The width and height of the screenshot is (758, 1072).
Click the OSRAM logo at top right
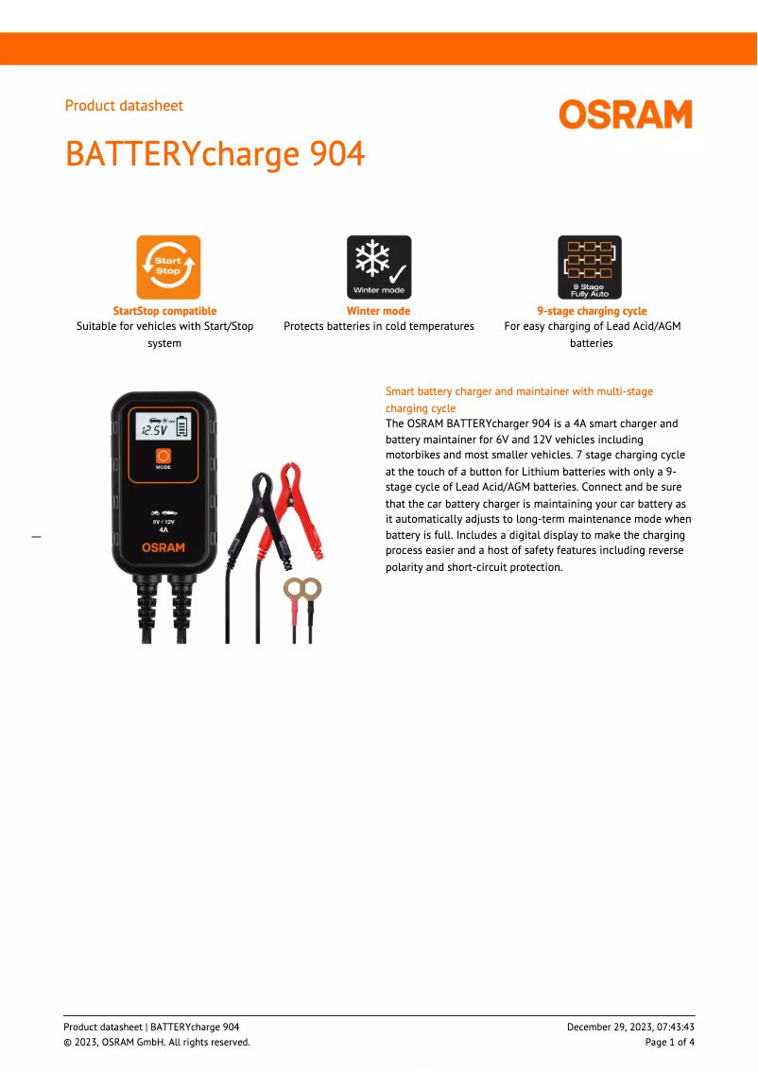[625, 114]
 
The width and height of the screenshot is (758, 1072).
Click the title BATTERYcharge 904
[215, 153]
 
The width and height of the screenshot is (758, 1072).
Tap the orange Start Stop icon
[168, 267]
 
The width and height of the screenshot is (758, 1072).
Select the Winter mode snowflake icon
[378, 267]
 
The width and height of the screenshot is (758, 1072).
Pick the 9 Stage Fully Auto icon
[590, 267]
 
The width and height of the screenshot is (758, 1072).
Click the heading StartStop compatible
[164, 311]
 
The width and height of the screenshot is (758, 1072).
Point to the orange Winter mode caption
[378, 311]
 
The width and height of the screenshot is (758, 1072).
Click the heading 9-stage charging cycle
[592, 311]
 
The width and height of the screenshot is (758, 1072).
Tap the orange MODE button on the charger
[164, 456]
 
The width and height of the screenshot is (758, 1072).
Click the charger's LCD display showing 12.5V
[163, 427]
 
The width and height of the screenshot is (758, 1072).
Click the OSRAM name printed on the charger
[164, 547]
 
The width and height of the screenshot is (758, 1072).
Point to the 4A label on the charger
[164, 530]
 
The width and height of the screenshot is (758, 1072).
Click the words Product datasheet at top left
[124, 106]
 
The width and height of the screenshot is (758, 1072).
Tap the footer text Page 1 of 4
[669, 1042]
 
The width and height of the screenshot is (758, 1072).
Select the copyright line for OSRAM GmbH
[157, 1042]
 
